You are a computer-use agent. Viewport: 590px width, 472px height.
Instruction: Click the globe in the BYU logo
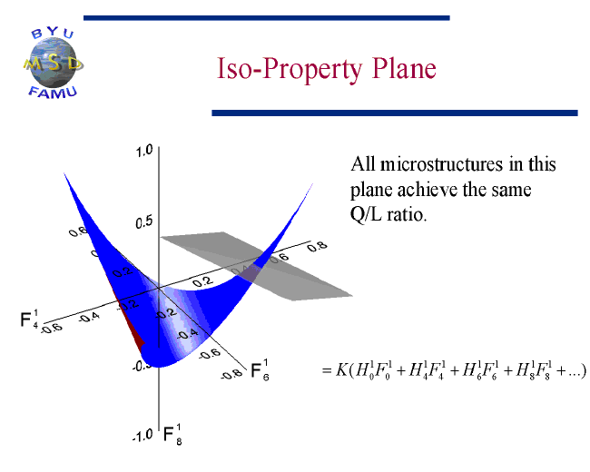52,63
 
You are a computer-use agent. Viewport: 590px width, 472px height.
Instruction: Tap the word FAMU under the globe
53,93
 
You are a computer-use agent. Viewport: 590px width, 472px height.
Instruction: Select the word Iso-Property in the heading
290,71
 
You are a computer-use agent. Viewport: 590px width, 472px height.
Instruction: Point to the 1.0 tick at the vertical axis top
144,151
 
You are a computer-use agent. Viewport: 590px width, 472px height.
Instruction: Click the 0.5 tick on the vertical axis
144,222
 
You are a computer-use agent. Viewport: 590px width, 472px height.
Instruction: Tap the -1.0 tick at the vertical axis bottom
143,436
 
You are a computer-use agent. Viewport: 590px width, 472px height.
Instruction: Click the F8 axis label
172,435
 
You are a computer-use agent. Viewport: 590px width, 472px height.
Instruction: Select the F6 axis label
260,370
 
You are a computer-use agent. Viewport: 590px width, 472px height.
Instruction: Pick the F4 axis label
29,320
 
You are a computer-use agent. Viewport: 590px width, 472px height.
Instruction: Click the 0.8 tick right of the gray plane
317,247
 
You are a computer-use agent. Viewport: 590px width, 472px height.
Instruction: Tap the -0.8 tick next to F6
231,374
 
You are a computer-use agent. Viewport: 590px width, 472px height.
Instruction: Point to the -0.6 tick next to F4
52,329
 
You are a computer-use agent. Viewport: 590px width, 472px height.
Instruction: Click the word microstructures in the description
441,164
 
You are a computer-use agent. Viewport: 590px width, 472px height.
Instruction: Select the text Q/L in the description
366,214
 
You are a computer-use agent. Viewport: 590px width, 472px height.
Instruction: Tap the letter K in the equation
341,370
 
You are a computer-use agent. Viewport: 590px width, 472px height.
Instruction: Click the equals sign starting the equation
327,370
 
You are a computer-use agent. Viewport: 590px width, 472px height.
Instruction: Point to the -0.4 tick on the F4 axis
89,318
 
